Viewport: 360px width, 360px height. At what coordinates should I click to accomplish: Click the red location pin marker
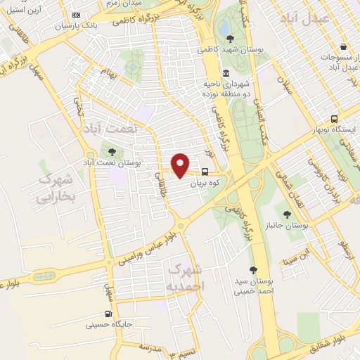coord(181,165)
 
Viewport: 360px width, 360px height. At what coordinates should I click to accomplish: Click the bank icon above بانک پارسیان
coord(76,15)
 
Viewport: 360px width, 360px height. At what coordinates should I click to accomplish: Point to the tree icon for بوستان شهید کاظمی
coord(228,39)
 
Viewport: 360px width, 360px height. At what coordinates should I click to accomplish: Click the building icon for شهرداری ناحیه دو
coord(226,73)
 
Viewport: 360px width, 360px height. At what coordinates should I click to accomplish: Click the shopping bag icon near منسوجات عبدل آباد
coord(342,46)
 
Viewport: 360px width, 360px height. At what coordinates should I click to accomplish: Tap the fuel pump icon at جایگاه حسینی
coord(108,314)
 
